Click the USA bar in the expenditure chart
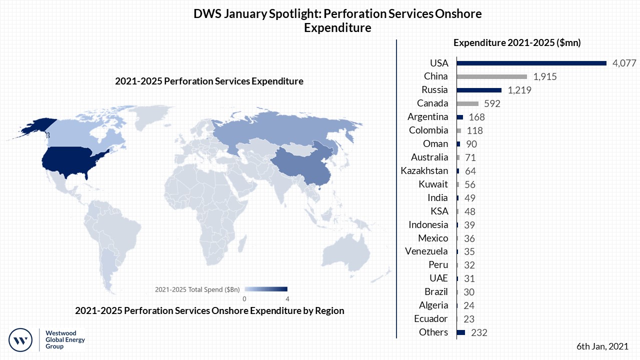(x=531, y=63)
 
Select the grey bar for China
(x=492, y=76)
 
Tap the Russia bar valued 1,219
(x=479, y=90)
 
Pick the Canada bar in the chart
(x=467, y=103)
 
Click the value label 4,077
(x=624, y=63)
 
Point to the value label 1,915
(x=545, y=76)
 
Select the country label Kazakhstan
(x=424, y=171)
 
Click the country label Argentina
(x=428, y=117)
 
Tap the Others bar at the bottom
(x=461, y=332)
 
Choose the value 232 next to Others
(x=479, y=332)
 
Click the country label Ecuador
(x=431, y=319)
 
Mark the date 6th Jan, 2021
(x=602, y=346)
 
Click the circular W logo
(x=21, y=340)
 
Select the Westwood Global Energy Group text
(x=65, y=339)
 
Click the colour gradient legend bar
(x=265, y=289)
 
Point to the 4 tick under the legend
(x=287, y=298)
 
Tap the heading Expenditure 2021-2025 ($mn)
(x=517, y=43)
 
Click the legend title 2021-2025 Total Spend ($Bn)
(x=197, y=289)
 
